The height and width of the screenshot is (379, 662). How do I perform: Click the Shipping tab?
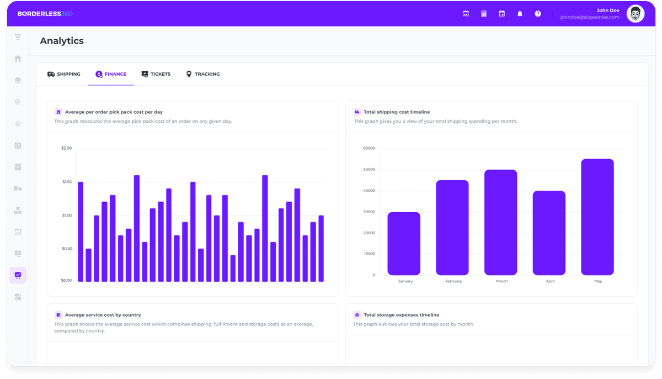pyautogui.click(x=64, y=74)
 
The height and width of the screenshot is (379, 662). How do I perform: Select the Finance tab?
pyautogui.click(x=111, y=74)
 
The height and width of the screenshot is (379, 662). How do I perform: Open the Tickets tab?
pyautogui.click(x=156, y=74)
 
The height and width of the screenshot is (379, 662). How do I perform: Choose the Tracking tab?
pyautogui.click(x=203, y=74)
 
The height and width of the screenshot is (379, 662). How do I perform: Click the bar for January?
pyautogui.click(x=404, y=244)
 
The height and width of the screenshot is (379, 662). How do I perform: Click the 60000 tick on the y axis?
pyautogui.click(x=369, y=148)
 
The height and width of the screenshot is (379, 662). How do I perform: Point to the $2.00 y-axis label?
pyautogui.click(x=66, y=148)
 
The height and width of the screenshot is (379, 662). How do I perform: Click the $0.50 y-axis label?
pyautogui.click(x=66, y=249)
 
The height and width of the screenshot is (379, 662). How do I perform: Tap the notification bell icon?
pyautogui.click(x=520, y=14)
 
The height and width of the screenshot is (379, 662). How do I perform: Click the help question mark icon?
pyautogui.click(x=538, y=14)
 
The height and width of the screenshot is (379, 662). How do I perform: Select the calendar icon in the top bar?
pyautogui.click(x=502, y=14)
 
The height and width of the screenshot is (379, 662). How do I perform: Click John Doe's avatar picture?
pyautogui.click(x=636, y=14)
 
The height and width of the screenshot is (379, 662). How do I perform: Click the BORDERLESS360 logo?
pyautogui.click(x=45, y=14)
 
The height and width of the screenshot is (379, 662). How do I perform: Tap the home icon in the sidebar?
pyautogui.click(x=18, y=59)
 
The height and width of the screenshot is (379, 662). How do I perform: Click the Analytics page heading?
pyautogui.click(x=62, y=41)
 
